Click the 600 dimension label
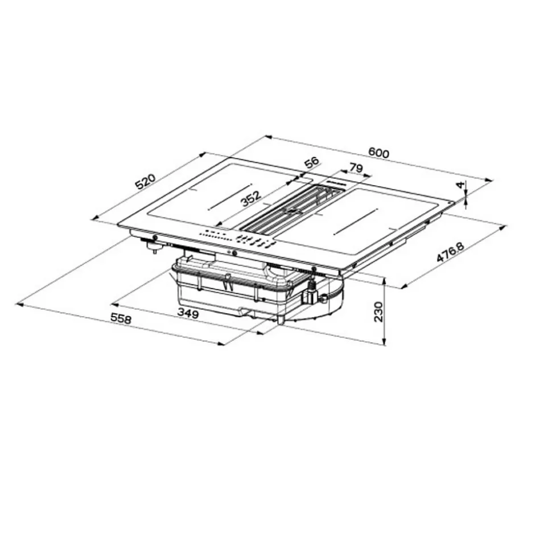pyautogui.click(x=378, y=153)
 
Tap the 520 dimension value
pyautogui.click(x=145, y=182)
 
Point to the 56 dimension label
pyautogui.click(x=311, y=162)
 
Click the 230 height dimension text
pyautogui.click(x=378, y=312)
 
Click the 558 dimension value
pyautogui.click(x=121, y=319)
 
